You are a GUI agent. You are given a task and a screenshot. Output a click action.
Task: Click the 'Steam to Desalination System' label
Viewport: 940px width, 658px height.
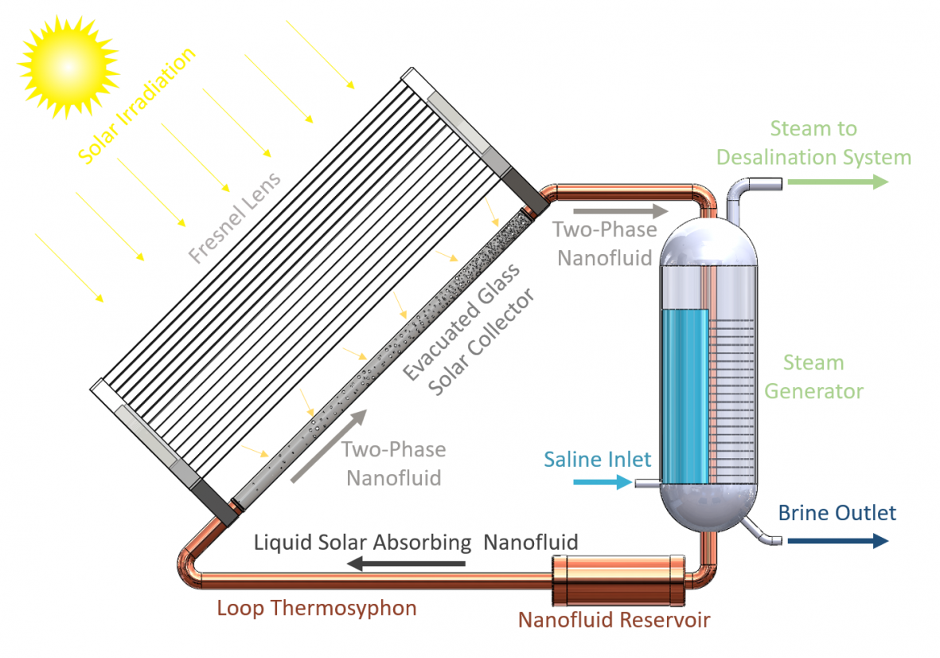coord(813,143)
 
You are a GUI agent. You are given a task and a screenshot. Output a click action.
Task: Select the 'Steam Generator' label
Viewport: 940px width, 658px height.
coord(813,377)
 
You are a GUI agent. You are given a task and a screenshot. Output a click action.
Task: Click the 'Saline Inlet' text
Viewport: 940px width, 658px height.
coord(597,459)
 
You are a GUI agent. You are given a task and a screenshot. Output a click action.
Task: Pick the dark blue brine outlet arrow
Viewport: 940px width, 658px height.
coord(837,541)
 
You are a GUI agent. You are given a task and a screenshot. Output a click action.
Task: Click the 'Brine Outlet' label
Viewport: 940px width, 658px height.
coord(837,513)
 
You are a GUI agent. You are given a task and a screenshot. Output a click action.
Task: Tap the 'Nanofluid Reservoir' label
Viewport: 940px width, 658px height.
coord(614,620)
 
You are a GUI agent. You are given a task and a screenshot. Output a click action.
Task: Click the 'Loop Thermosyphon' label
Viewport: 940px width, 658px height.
coord(317,609)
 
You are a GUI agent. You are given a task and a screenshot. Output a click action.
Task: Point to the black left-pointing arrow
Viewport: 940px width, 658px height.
coord(407,565)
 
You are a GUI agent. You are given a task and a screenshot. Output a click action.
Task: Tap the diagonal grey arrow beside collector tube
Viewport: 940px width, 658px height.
coord(329,446)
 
